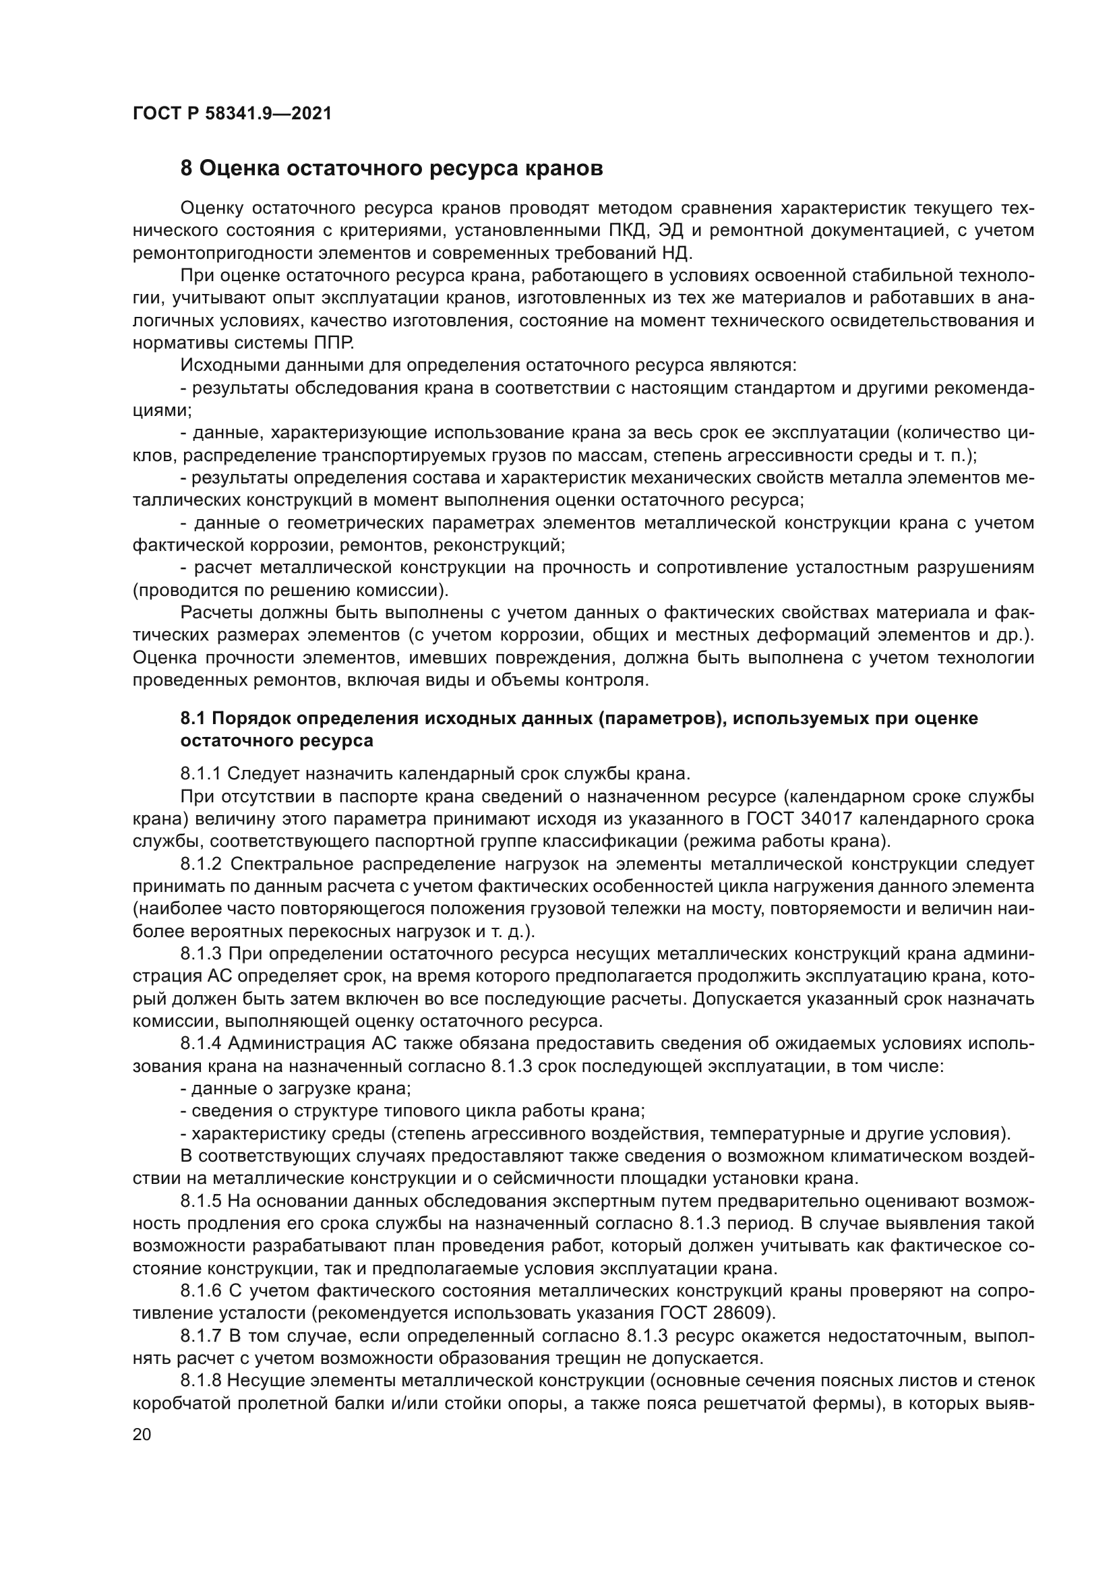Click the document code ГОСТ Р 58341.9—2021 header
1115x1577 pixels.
click(x=232, y=114)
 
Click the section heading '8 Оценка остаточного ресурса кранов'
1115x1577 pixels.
click(x=392, y=169)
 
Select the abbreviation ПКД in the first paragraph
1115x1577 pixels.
click(x=629, y=231)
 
